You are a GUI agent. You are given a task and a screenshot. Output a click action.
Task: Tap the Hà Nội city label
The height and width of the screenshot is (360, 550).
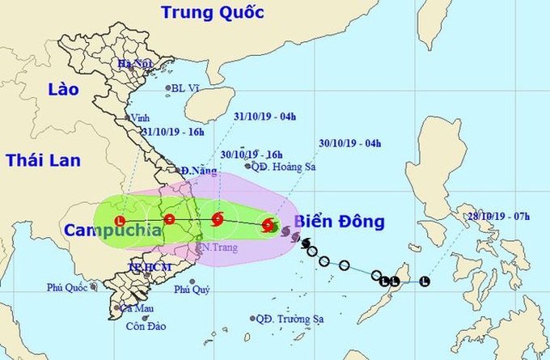[x=135, y=64]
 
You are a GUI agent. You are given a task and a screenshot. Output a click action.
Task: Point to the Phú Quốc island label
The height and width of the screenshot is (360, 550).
[x=66, y=286]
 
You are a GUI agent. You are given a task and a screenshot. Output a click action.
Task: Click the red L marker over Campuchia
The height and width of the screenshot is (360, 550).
[x=121, y=220]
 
